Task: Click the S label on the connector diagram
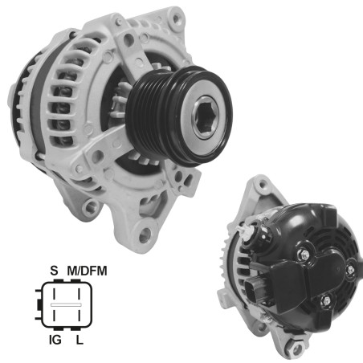click(55, 271)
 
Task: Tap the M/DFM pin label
click(88, 271)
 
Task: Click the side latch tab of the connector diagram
click(37, 307)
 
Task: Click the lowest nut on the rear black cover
click(324, 303)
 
